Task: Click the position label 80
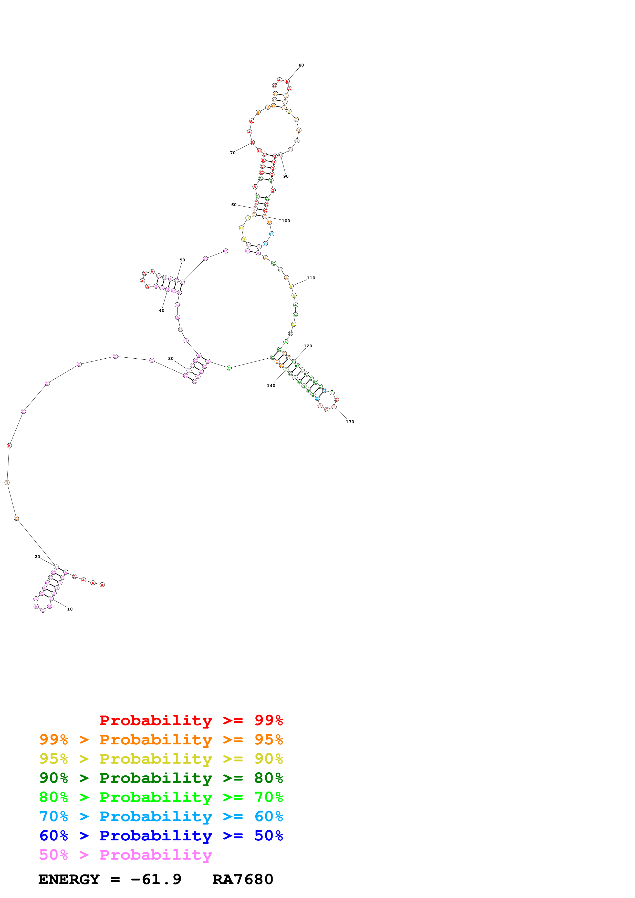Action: [x=301, y=65]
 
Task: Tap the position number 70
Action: [x=233, y=153]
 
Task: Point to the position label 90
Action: [x=286, y=176]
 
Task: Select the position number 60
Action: [x=234, y=205]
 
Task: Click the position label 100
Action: [x=286, y=221]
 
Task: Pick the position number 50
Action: [x=182, y=260]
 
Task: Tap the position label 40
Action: [x=162, y=311]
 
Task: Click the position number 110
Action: [x=311, y=278]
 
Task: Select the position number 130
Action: [x=350, y=422]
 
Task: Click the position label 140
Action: [x=271, y=386]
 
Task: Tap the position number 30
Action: [x=171, y=359]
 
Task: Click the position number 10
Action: [x=70, y=609]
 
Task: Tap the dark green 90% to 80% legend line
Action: [x=161, y=778]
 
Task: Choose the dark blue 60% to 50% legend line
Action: [x=161, y=836]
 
